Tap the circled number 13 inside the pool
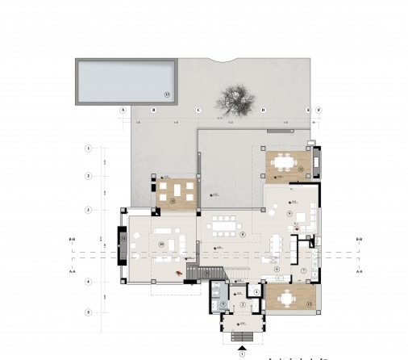tap(167, 95)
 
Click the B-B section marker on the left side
tap(72, 240)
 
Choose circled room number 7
tap(304, 271)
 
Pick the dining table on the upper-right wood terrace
tap(283, 161)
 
